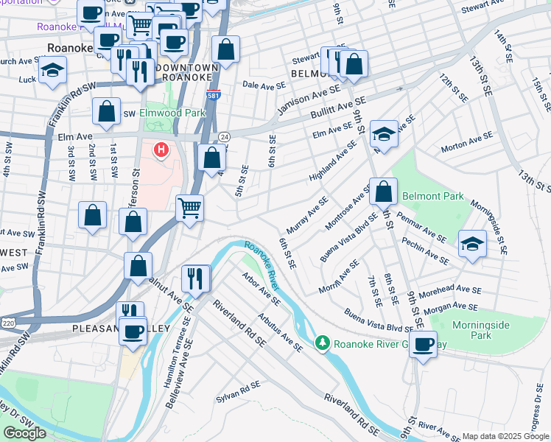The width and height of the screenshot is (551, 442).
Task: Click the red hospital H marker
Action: [160, 150]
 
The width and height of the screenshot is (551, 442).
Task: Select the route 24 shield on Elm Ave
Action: [224, 137]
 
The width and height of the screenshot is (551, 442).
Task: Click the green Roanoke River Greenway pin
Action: [321, 343]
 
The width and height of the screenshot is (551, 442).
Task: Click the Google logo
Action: [24, 432]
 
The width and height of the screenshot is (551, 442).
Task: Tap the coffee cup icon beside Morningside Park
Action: [424, 344]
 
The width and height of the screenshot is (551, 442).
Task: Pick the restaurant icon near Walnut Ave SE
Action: [196, 277]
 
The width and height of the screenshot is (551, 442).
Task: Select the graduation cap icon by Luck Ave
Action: [52, 71]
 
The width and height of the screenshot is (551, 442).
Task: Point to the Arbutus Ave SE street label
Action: [281, 331]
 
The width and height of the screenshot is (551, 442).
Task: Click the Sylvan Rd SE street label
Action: [238, 391]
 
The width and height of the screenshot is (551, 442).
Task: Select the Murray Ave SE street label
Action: [307, 216]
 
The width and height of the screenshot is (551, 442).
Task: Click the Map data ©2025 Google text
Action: [505, 435]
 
